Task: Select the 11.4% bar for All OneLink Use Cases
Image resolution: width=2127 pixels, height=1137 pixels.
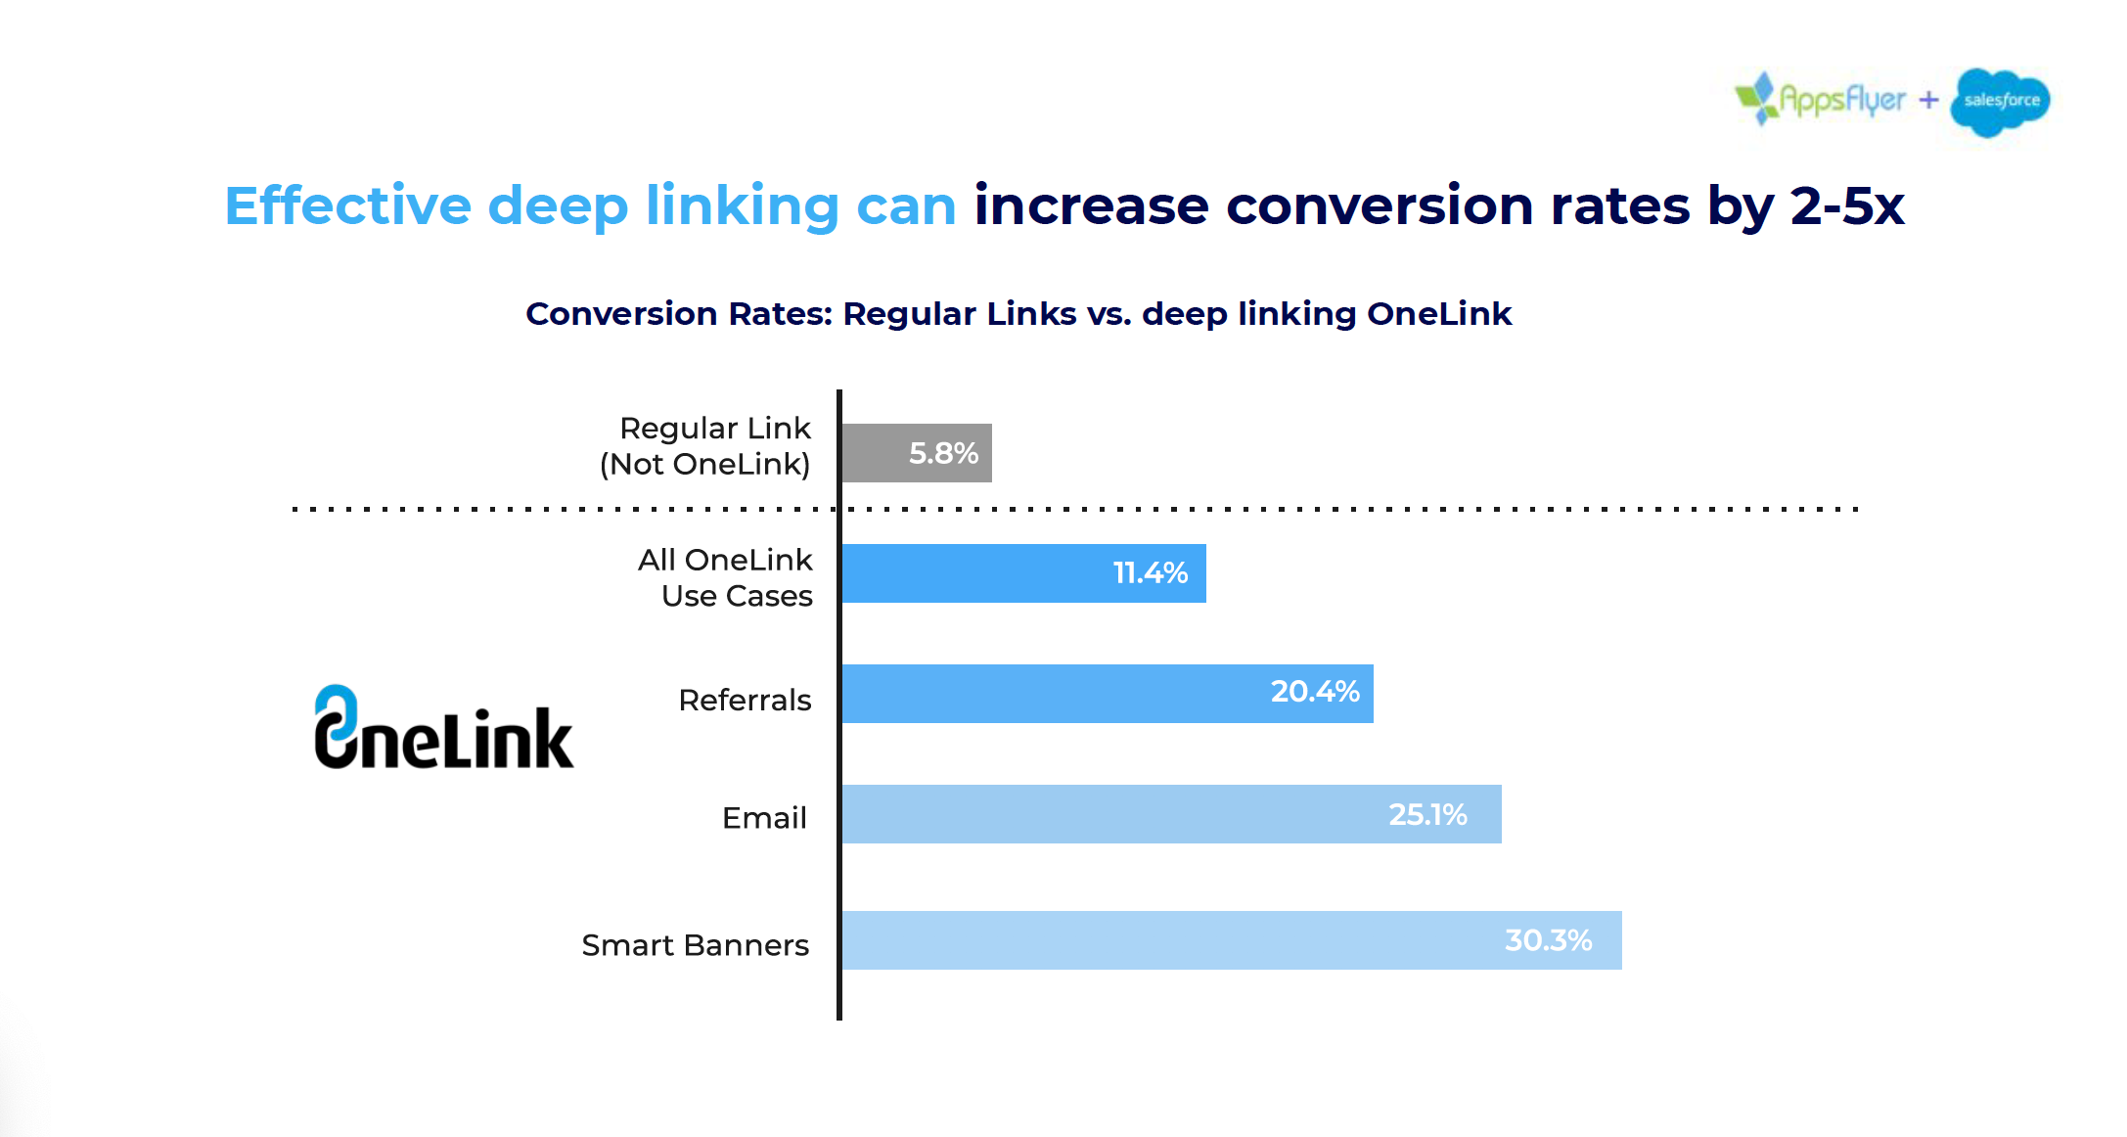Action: tap(978, 573)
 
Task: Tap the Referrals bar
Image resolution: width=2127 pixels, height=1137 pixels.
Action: tap(1057, 694)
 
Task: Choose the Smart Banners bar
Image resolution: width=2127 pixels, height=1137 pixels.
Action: tap(1174, 940)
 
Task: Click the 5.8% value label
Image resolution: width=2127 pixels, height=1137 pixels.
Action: tap(943, 453)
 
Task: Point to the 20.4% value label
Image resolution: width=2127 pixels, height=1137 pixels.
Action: tap(1315, 692)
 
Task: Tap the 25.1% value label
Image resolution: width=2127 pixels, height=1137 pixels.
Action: tap(1427, 814)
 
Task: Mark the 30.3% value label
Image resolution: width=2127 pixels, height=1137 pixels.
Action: tap(1548, 940)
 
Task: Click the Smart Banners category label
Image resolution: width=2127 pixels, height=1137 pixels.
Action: tap(695, 945)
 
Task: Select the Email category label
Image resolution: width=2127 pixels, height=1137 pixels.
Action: tap(764, 818)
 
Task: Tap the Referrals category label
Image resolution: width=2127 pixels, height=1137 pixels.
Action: tap(745, 701)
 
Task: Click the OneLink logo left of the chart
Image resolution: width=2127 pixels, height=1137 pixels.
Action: tap(443, 729)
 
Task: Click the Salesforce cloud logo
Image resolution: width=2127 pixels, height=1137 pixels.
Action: tap(2000, 101)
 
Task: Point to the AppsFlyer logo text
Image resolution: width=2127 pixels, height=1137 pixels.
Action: tap(1841, 100)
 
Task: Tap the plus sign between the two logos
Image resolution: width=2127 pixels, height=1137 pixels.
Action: tap(1928, 100)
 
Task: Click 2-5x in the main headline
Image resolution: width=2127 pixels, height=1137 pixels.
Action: tap(1847, 206)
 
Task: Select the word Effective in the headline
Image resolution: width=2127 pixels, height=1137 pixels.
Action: tap(347, 206)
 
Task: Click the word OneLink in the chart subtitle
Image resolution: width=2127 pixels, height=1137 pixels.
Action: tap(1438, 314)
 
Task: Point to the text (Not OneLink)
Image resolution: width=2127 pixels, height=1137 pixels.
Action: tap(704, 464)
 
